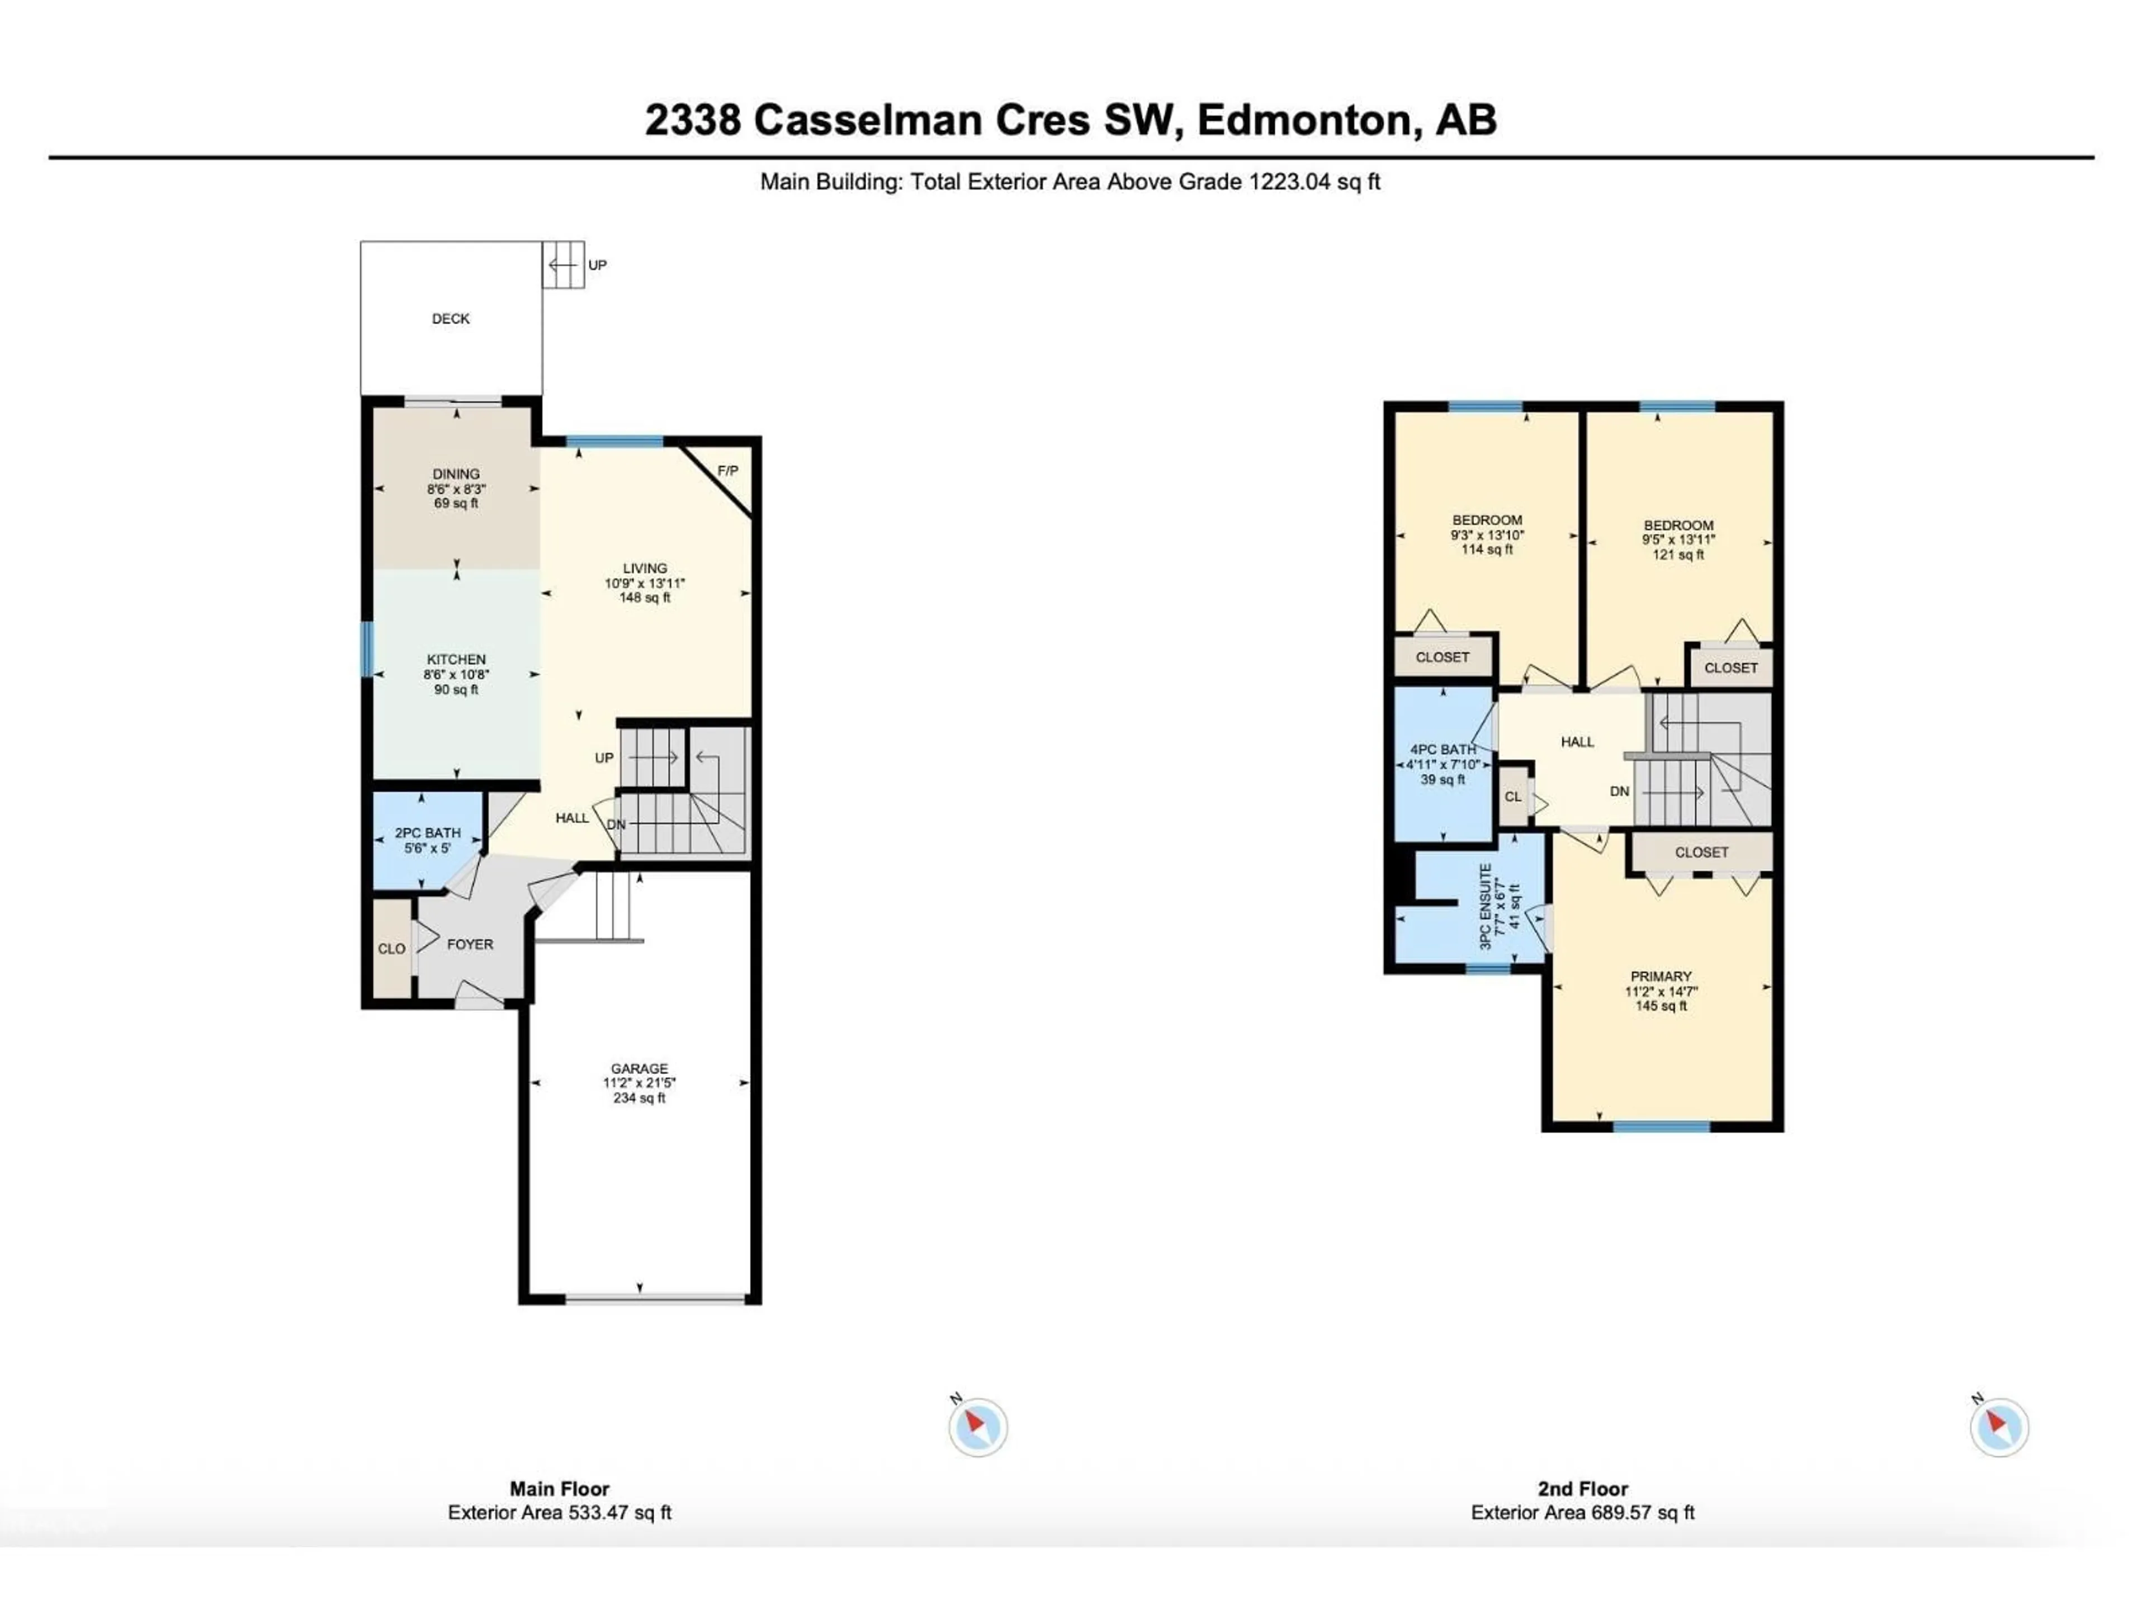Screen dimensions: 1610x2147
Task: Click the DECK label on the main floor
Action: pyautogui.click(x=450, y=318)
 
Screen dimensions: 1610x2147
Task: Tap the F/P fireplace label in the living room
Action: pyautogui.click(x=727, y=471)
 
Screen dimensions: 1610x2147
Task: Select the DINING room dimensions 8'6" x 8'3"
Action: pyautogui.click(x=456, y=489)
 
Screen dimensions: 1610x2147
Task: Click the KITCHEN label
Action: pyautogui.click(x=456, y=659)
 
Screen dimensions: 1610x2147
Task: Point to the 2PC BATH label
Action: pyautogui.click(x=427, y=832)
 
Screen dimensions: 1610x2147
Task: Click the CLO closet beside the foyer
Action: pyautogui.click(x=391, y=948)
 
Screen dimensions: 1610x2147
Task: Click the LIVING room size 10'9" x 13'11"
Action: pyautogui.click(x=645, y=583)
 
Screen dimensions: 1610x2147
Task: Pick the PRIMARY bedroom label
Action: pyautogui.click(x=1661, y=976)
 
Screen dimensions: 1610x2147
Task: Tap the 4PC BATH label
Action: pyautogui.click(x=1443, y=749)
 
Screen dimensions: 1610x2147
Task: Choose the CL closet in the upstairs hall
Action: pyautogui.click(x=1512, y=796)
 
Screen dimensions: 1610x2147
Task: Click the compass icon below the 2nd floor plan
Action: pyautogui.click(x=1998, y=1427)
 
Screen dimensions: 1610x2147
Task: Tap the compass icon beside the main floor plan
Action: pyautogui.click(x=977, y=1427)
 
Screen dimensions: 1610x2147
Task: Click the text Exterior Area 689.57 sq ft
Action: pyautogui.click(x=1582, y=1512)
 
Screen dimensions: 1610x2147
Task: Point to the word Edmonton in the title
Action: pyautogui.click(x=1303, y=120)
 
